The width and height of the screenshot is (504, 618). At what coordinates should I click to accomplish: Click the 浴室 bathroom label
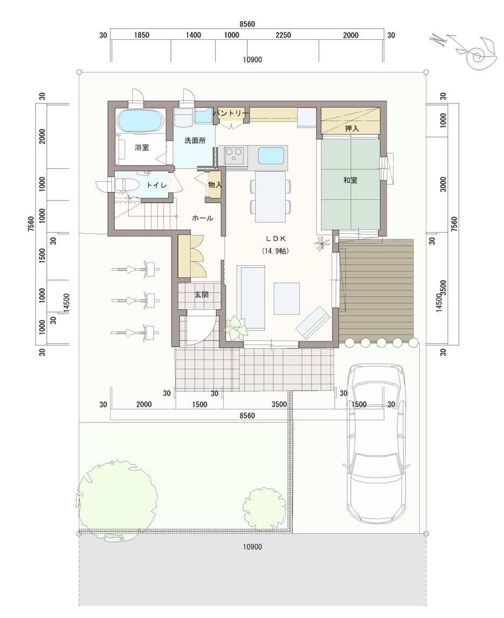tap(142, 147)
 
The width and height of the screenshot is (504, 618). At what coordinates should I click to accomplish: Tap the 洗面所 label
tap(195, 141)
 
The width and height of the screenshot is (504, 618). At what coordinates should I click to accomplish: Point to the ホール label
tap(203, 218)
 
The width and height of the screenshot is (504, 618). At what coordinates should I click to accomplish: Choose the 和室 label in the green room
tap(350, 180)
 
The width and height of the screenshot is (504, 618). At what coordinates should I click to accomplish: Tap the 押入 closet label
tap(352, 129)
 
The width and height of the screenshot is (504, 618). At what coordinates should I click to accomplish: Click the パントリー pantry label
tap(230, 113)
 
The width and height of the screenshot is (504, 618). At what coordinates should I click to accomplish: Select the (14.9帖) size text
tap(275, 251)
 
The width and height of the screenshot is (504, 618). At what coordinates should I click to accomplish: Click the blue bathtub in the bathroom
tap(140, 121)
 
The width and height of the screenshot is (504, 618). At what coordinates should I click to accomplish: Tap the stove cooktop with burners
tap(235, 155)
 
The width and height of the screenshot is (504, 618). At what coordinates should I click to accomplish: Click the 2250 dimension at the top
tap(283, 36)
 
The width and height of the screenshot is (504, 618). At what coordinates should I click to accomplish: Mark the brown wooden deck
tap(376, 289)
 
